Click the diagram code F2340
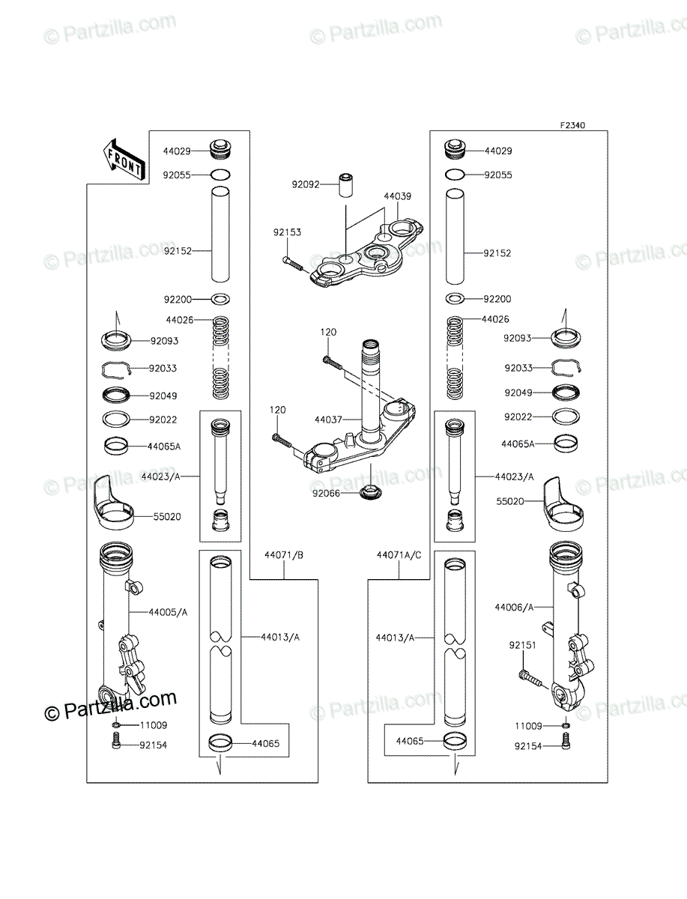coord(573,125)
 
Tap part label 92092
coord(306,185)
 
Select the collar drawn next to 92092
coord(345,186)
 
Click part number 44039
coord(398,196)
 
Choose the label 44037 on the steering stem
coord(328,420)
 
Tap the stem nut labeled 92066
coord(370,492)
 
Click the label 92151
coord(522,645)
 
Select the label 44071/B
coord(284,555)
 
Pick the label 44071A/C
coord(399,555)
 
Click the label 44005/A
coord(168,612)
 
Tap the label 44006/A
coord(514,608)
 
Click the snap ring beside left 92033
coord(116,370)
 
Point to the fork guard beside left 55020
coord(113,504)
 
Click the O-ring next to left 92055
coord(220,175)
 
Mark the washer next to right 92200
coord(455,299)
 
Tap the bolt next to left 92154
coord(116,746)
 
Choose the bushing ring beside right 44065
coord(455,741)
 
